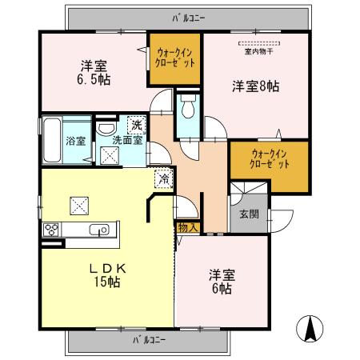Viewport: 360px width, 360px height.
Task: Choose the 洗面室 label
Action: [126, 140]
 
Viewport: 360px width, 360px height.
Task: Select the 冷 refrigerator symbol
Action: [162, 180]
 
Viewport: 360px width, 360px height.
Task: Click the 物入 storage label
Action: [186, 228]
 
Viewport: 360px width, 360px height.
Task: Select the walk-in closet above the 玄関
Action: [269, 158]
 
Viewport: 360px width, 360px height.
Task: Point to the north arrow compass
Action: [311, 328]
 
